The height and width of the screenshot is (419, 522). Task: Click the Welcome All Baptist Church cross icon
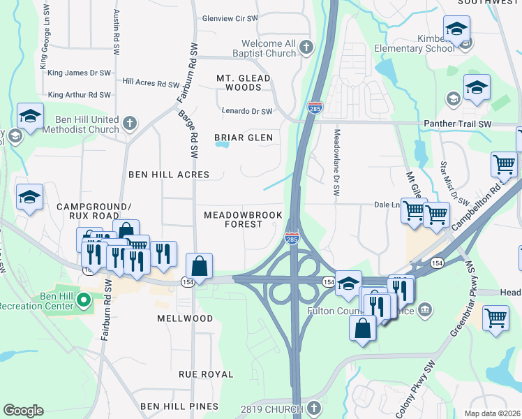point(306,47)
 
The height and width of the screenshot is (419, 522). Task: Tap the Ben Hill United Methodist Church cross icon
point(128,124)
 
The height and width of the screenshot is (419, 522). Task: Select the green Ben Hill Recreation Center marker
point(84,300)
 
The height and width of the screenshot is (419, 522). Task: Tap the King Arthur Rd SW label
point(79,94)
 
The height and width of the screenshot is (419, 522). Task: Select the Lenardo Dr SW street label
point(246,111)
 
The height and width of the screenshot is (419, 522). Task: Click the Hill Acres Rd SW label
point(151,82)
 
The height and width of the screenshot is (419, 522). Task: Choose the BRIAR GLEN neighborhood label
point(243,138)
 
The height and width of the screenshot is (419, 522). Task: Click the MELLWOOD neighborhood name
point(185,318)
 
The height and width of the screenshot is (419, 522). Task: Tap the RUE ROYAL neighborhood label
point(207,374)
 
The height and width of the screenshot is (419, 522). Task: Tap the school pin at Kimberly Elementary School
point(456,29)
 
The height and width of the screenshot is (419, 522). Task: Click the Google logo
point(23,411)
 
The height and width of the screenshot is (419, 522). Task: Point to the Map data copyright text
point(492,413)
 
